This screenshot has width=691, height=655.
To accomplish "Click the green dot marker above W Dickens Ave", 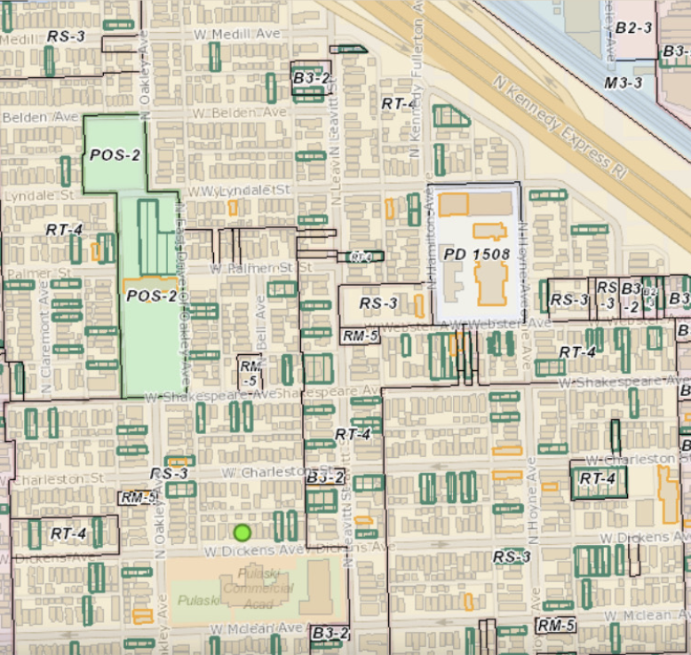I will point(242,533).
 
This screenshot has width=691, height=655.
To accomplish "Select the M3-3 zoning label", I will point(623,83).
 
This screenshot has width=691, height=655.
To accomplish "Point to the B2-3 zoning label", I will point(633,28).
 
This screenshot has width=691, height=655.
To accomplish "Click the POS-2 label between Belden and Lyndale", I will point(115,154).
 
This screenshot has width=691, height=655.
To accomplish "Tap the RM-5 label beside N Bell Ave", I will point(250,373).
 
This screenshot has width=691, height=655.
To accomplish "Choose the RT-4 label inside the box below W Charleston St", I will point(597,478).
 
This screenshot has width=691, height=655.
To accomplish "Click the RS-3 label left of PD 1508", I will point(378,304).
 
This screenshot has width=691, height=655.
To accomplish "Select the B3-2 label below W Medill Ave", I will point(311,78).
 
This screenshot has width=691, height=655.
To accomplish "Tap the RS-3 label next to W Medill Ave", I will point(67,36).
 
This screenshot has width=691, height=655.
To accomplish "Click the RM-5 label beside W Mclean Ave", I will point(557,625).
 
